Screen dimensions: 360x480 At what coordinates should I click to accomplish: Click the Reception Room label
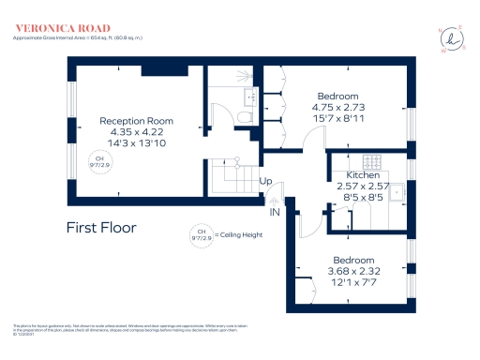(x=137, y=121)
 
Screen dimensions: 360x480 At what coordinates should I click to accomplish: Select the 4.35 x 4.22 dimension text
(x=137, y=132)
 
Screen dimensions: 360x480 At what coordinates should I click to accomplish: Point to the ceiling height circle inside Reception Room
(x=97, y=161)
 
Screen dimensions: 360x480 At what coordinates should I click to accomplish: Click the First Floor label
(x=101, y=227)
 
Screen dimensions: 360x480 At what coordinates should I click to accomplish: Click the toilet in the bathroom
(x=244, y=116)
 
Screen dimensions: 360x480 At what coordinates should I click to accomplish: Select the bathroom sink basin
(x=250, y=97)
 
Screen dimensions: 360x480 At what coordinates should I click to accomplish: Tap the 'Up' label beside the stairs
(x=266, y=181)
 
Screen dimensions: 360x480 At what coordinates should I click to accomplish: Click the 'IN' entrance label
(x=275, y=212)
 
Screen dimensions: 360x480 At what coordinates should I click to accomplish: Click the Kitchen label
(x=362, y=176)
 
